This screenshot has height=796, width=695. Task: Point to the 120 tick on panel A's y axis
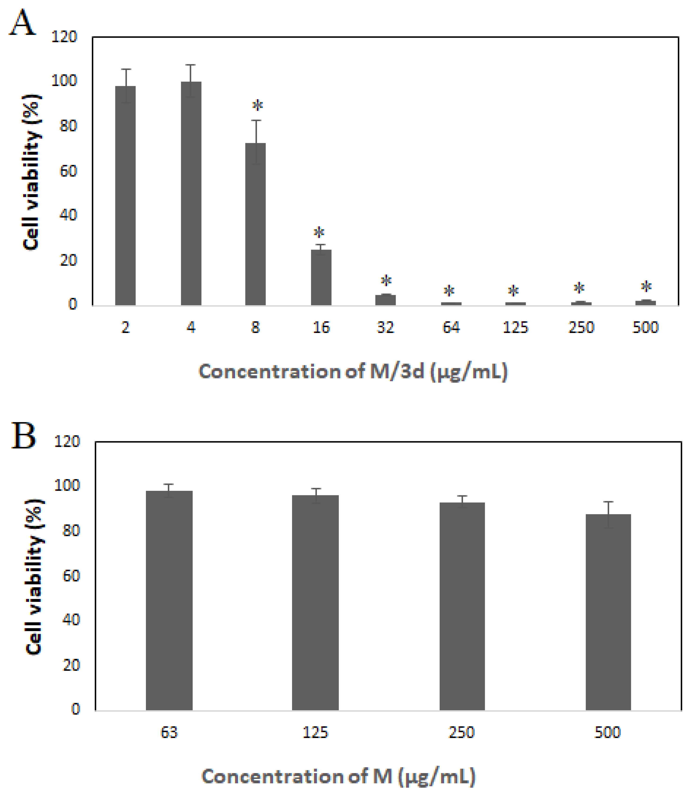coord(64,37)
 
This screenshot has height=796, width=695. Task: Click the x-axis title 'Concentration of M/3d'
coord(353,371)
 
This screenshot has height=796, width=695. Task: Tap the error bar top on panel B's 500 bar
coord(608,502)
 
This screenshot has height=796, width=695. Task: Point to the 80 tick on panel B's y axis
coord(71,530)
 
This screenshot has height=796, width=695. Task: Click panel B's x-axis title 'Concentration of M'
coord(338,777)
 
